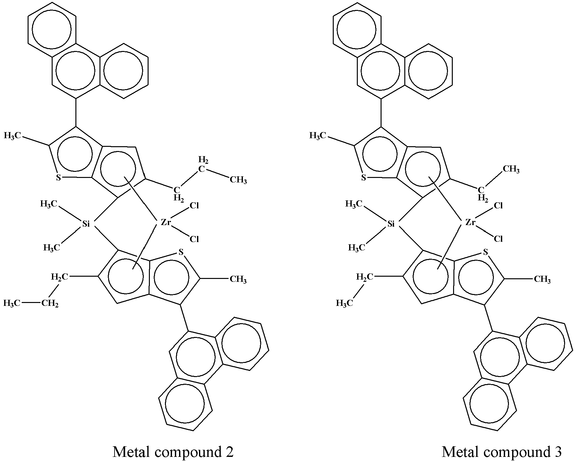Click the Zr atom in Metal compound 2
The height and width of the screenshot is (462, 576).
(x=166, y=222)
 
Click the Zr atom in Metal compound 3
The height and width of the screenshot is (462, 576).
(x=470, y=222)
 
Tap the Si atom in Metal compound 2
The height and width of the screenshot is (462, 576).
(x=86, y=224)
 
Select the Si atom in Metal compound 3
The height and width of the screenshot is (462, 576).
(x=391, y=224)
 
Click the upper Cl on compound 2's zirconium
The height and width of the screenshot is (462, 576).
(x=194, y=206)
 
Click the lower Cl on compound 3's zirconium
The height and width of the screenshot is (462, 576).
(x=498, y=239)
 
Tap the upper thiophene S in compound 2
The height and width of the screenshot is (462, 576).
(x=58, y=178)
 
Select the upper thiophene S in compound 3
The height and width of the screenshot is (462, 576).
(x=364, y=178)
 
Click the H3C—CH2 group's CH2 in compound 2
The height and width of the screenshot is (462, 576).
(x=50, y=303)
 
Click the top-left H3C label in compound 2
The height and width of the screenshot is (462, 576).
(x=13, y=136)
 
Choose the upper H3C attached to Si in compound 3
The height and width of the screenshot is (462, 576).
(x=354, y=204)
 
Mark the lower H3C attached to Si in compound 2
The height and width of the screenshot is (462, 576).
(x=52, y=248)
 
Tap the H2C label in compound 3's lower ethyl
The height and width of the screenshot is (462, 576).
(x=365, y=277)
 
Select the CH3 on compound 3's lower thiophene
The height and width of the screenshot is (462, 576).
(x=542, y=280)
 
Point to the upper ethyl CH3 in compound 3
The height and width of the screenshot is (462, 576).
(x=511, y=169)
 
